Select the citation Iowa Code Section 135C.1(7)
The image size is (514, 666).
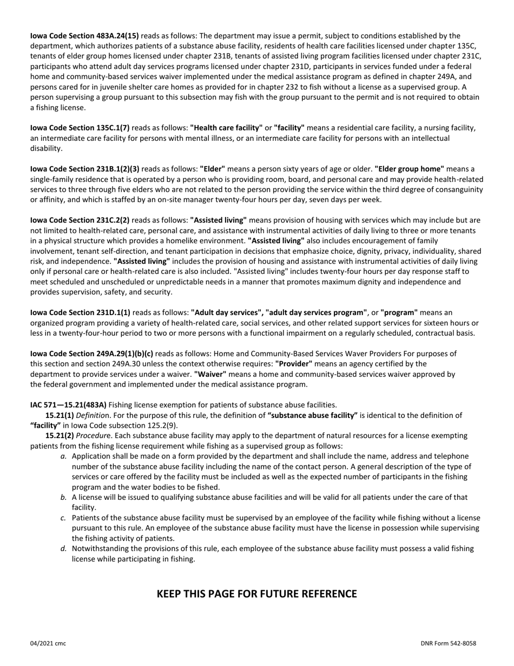pyautogui.click(x=80, y=128)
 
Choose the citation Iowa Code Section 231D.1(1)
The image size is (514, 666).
pyautogui.click(x=80, y=312)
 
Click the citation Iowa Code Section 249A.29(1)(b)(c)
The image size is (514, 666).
pyautogui.click(x=91, y=354)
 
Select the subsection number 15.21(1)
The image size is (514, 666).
pyautogui.click(x=60, y=415)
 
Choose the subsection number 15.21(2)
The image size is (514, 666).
pyautogui.click(x=60, y=435)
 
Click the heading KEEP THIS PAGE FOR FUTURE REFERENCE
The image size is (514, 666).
pyautogui.click(x=256, y=594)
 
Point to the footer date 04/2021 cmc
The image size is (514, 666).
pyautogui.click(x=48, y=643)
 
